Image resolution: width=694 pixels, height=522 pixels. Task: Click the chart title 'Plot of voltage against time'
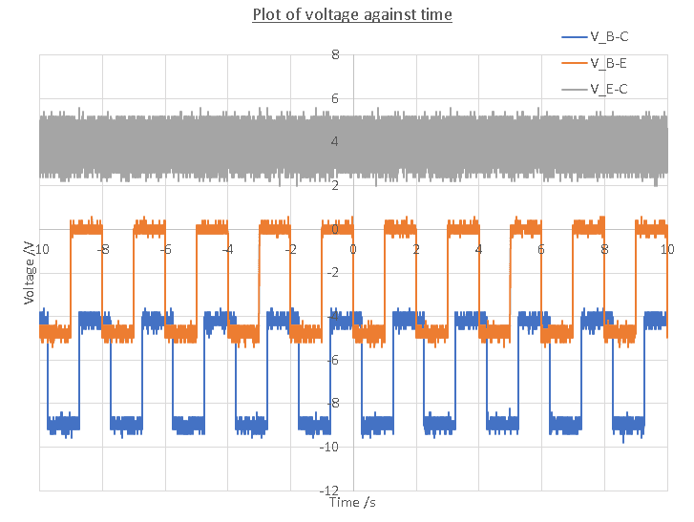[351, 14]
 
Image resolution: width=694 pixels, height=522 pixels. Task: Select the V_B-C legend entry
[608, 37]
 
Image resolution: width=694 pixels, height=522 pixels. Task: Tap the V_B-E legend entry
[608, 63]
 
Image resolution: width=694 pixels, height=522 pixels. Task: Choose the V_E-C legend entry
[608, 89]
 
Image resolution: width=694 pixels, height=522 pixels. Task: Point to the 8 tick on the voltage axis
[335, 55]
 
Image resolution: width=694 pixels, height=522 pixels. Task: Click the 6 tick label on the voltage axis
[335, 98]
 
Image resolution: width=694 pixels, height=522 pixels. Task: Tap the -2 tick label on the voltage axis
[333, 272]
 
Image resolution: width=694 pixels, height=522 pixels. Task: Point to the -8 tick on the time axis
[102, 249]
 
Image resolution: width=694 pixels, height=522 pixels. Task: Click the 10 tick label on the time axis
[667, 249]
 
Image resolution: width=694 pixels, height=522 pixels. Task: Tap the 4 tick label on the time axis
[479, 249]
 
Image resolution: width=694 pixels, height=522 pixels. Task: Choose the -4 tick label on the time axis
[227, 249]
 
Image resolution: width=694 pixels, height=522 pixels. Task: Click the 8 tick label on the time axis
[604, 249]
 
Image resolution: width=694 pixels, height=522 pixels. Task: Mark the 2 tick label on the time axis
[416, 249]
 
